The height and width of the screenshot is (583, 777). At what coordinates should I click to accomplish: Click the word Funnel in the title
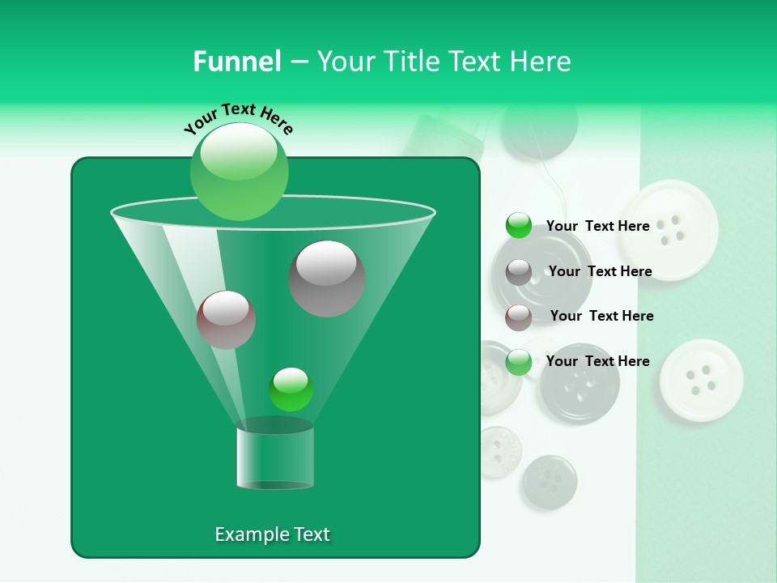[236, 62]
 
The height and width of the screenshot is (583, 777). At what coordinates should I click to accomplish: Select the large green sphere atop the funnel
[240, 172]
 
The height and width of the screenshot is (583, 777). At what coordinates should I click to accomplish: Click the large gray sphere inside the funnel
[327, 279]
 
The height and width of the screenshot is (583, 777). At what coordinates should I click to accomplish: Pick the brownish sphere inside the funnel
[227, 320]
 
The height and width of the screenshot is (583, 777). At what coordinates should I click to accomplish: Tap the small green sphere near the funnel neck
[291, 389]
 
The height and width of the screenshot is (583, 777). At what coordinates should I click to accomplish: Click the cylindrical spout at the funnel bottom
[275, 457]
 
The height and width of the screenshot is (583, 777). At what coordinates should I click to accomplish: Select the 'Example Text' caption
[272, 534]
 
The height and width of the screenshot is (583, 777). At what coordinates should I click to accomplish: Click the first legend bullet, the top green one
[519, 226]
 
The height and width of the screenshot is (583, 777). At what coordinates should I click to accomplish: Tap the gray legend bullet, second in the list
[519, 272]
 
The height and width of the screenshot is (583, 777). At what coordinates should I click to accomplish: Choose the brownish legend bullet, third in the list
[519, 317]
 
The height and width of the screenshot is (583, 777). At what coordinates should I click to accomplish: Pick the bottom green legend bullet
[519, 362]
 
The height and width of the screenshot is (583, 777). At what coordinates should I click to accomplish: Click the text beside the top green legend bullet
[597, 226]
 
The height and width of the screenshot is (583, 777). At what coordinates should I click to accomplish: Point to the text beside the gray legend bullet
[600, 271]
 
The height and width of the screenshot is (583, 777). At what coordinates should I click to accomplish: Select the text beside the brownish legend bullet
[601, 316]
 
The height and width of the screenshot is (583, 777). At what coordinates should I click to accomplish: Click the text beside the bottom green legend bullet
[597, 361]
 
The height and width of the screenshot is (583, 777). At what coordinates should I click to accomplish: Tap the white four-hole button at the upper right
[669, 229]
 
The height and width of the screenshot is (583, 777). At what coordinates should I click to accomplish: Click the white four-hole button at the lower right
[701, 381]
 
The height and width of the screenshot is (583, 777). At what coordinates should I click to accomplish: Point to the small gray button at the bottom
[550, 482]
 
